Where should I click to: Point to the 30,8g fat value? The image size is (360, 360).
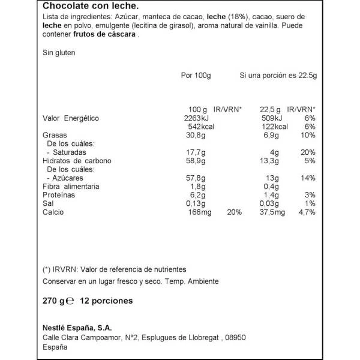(x=196, y=136)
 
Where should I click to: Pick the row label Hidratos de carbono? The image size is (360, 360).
(x=77, y=161)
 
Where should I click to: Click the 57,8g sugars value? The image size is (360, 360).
(x=196, y=179)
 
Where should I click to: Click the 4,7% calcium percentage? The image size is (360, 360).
(x=307, y=212)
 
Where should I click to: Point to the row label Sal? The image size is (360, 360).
(x=48, y=204)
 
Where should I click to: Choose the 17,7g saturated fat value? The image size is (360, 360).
(x=196, y=153)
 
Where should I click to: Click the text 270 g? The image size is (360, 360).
(x=52, y=301)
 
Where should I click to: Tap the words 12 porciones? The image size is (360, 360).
(x=106, y=301)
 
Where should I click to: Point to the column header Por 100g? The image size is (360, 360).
(x=196, y=76)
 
